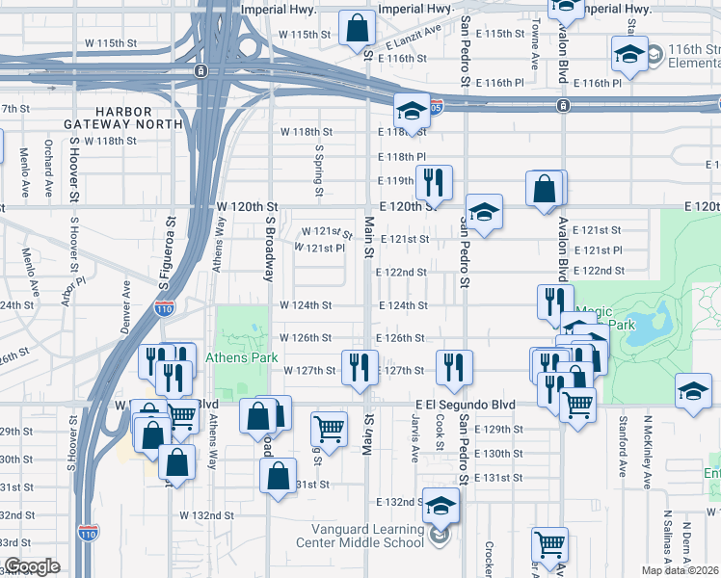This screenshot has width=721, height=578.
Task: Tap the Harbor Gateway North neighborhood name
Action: click(123, 118)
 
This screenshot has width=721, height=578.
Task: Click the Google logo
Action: click(32, 566)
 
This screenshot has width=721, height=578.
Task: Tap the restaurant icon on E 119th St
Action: click(434, 183)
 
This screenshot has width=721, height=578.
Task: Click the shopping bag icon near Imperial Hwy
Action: click(357, 29)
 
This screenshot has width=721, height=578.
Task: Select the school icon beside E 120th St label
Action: click(484, 213)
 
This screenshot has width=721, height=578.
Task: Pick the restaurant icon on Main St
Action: click(360, 369)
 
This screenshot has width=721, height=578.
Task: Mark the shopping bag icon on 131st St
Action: click(278, 478)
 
